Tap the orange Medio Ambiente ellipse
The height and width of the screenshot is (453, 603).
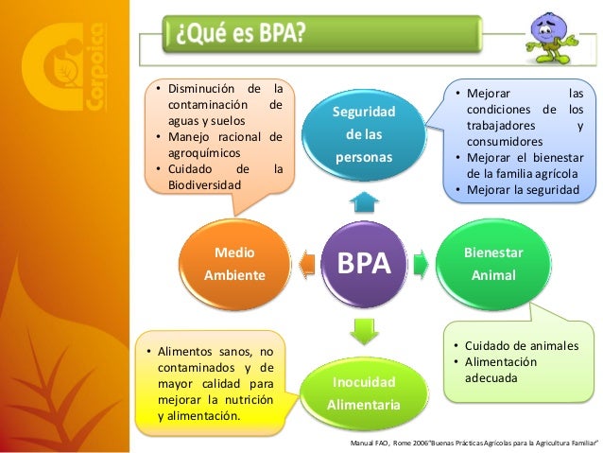pos(233,265)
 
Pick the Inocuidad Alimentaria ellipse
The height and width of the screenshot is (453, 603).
pos(365,392)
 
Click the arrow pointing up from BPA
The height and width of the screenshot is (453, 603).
pos(365,200)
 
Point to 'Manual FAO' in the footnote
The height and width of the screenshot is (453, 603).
pos(370,443)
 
